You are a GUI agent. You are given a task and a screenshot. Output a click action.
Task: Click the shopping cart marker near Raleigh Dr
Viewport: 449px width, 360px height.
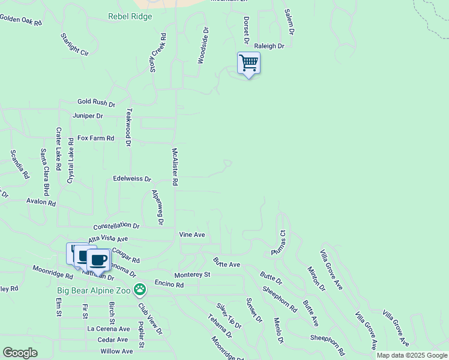pos(249,63)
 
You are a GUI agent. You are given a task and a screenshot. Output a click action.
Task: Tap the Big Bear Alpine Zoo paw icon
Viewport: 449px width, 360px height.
pos(140,290)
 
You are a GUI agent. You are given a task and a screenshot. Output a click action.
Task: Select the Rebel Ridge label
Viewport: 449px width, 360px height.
pos(130,17)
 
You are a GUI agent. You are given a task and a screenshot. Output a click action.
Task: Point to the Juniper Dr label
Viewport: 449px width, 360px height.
pos(88,116)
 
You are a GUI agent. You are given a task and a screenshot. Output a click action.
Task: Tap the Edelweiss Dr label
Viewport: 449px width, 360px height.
pos(133,179)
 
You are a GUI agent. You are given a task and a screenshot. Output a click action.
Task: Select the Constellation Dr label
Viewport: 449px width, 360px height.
pos(116,226)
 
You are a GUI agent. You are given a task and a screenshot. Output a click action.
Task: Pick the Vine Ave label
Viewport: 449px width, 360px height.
pos(192,235)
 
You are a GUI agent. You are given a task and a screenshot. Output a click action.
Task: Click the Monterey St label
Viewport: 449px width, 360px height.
pos(192,275)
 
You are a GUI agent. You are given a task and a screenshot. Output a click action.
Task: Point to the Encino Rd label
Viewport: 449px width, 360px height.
pos(169,285)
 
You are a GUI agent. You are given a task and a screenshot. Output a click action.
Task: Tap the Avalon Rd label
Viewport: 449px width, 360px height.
pos(40,203)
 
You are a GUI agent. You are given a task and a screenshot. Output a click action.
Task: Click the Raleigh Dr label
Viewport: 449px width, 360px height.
pos(269,46)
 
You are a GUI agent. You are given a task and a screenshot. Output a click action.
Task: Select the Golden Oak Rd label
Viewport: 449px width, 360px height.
pos(21,20)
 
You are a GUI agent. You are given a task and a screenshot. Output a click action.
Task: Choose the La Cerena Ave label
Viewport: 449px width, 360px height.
pos(109,329)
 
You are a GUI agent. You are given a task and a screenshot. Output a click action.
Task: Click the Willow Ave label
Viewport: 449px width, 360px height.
pos(116,351)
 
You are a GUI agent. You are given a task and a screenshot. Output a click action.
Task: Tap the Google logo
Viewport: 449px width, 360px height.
pos(20,353)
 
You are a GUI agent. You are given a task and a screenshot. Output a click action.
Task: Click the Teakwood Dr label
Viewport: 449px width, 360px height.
pos(128,127)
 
